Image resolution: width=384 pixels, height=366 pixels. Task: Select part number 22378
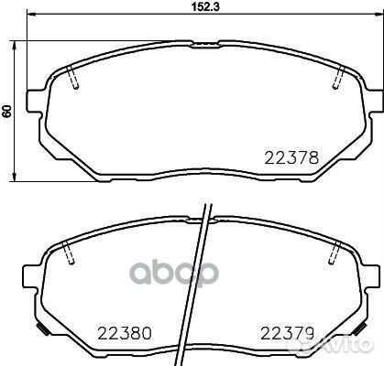[x=291, y=156]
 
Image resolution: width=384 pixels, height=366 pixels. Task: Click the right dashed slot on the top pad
[x=338, y=79]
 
